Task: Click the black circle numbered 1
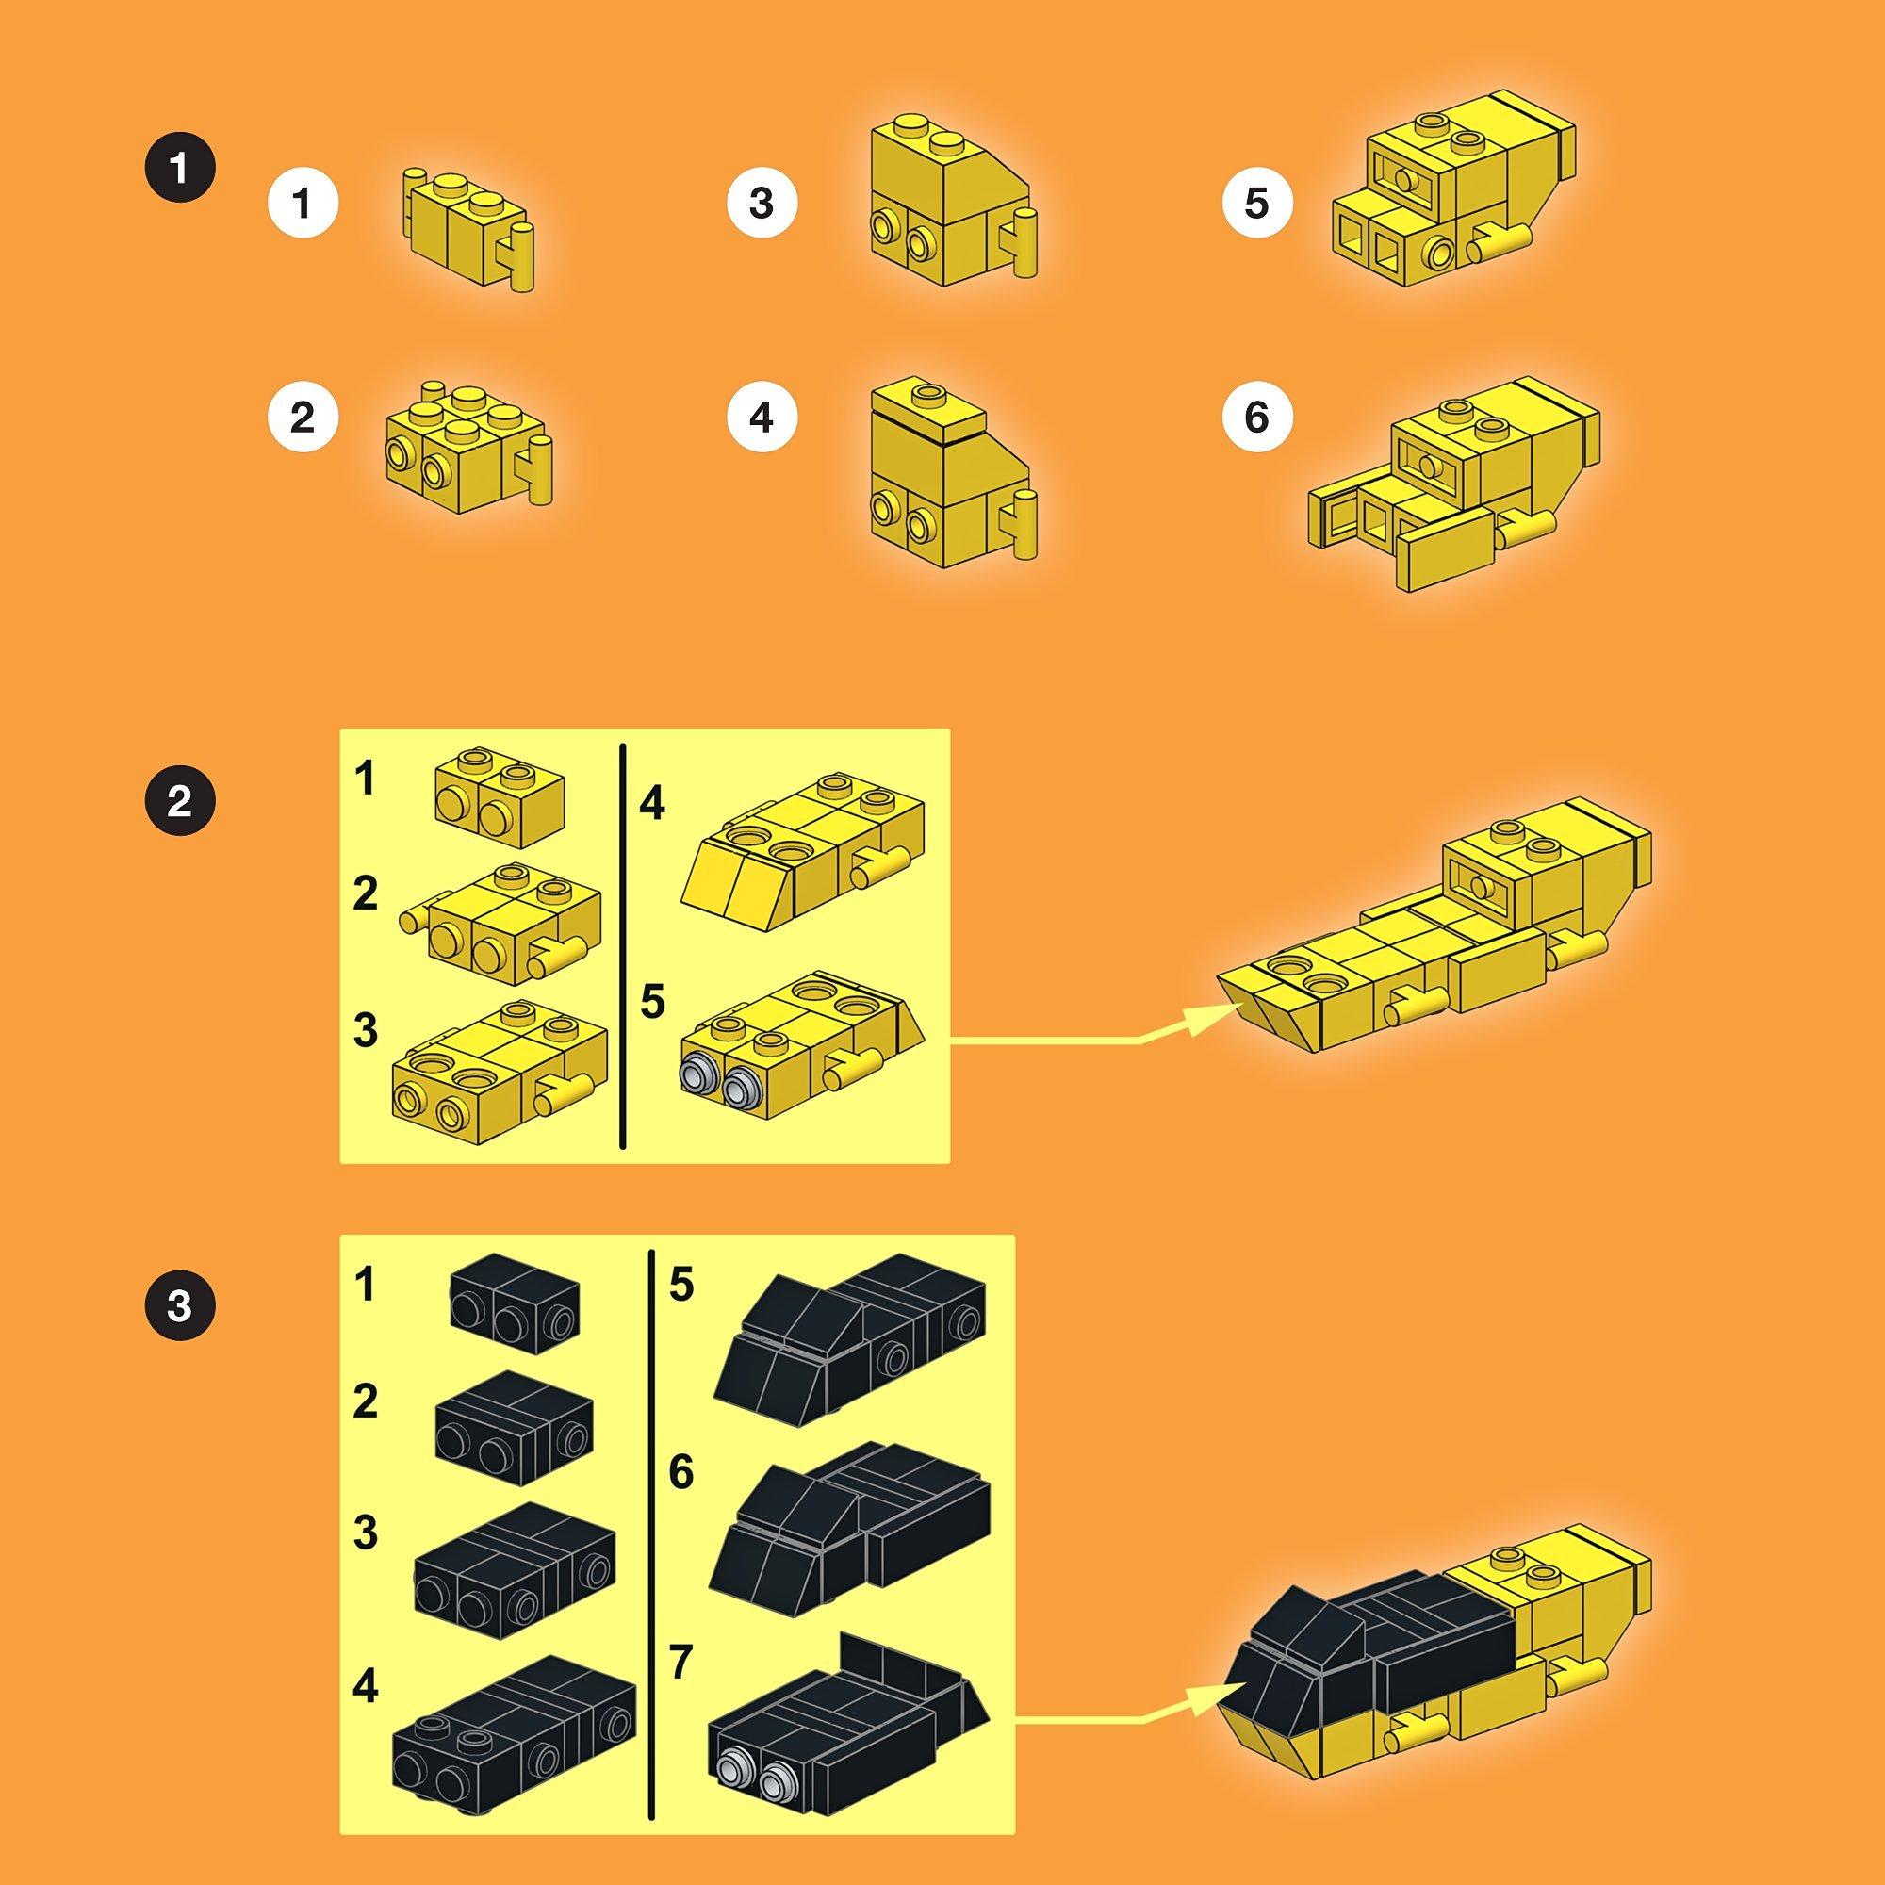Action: [x=179, y=170]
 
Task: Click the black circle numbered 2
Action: [x=179, y=803]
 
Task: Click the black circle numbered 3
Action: [x=179, y=1305]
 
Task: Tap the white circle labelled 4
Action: [x=762, y=418]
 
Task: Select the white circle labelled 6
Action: [x=1256, y=418]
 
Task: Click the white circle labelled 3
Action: [x=762, y=204]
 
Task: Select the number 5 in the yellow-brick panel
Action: [x=653, y=1002]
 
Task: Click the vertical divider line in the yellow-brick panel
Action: [x=621, y=945]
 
